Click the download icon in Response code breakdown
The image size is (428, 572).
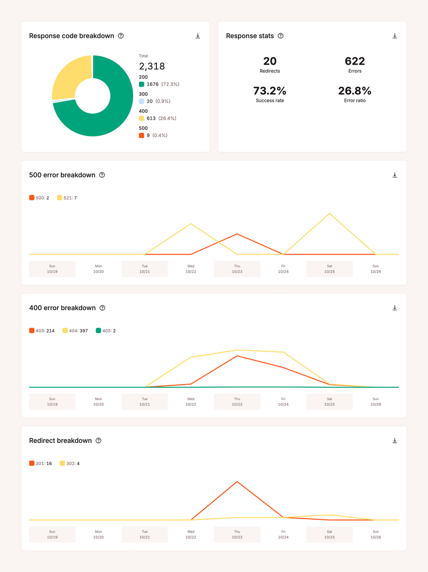pos(198,36)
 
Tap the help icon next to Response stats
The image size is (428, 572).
pos(281,36)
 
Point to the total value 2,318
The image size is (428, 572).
pos(152,67)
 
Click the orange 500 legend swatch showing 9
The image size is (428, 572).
pos(142,135)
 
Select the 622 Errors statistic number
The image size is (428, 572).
pos(355,61)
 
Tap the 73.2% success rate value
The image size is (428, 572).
pos(270,91)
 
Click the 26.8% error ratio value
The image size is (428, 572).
pos(355,91)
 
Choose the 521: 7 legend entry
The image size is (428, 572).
pos(67,198)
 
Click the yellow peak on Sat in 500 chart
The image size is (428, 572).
pos(330,214)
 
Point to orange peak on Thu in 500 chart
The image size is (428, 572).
pos(237,234)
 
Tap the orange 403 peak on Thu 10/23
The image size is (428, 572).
pos(237,356)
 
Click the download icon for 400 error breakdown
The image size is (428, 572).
pos(395,308)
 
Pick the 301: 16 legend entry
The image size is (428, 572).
pos(40,463)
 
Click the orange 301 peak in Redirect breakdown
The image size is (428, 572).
pos(237,482)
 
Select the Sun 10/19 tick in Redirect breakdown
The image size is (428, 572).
pos(52,534)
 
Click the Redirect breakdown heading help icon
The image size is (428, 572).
pos(98,441)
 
